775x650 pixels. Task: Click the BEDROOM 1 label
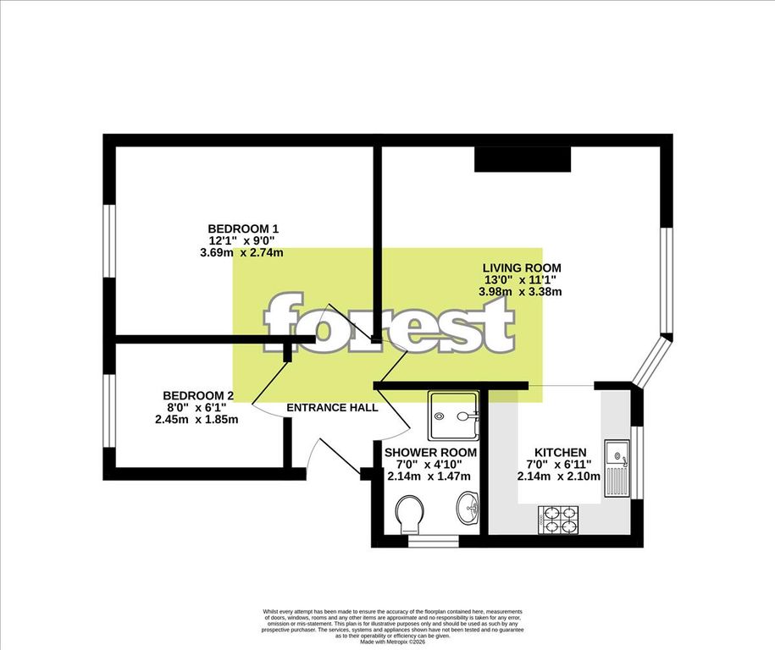pyautogui.click(x=243, y=229)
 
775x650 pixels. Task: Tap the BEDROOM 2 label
pyautogui.click(x=198, y=395)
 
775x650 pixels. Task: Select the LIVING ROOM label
pyautogui.click(x=522, y=268)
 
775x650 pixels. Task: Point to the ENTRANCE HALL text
pyautogui.click(x=332, y=408)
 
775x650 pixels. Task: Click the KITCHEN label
pyautogui.click(x=560, y=452)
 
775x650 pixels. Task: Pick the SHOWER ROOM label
pyautogui.click(x=430, y=453)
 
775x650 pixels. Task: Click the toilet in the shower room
pyautogui.click(x=411, y=512)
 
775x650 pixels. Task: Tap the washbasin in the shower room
pyautogui.click(x=467, y=510)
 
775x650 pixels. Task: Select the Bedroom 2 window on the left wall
pyautogui.click(x=109, y=410)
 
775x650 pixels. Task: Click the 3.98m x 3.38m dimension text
pyautogui.click(x=522, y=292)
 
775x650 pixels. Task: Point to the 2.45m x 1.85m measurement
pyautogui.click(x=197, y=419)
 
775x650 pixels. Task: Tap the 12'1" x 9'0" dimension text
pyautogui.click(x=243, y=240)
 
